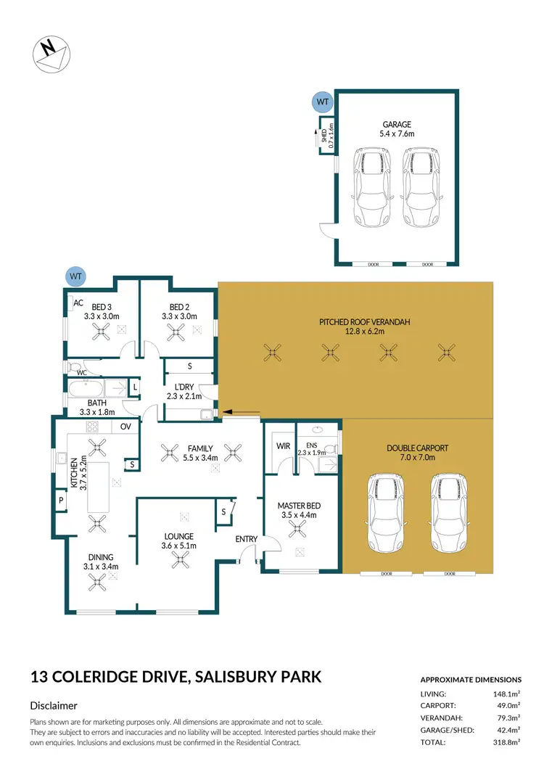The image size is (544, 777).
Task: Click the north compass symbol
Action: tap(51, 55)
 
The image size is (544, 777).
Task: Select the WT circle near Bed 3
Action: tap(75, 276)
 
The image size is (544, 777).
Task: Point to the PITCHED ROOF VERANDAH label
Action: tap(355, 326)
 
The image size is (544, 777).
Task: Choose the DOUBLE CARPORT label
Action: tap(417, 453)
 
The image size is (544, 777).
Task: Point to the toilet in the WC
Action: tap(74, 367)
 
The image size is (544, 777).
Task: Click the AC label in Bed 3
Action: tap(78, 303)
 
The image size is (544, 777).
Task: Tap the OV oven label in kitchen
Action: tap(125, 427)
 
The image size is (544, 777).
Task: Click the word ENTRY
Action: tap(246, 539)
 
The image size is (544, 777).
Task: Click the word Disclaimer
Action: tap(54, 705)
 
